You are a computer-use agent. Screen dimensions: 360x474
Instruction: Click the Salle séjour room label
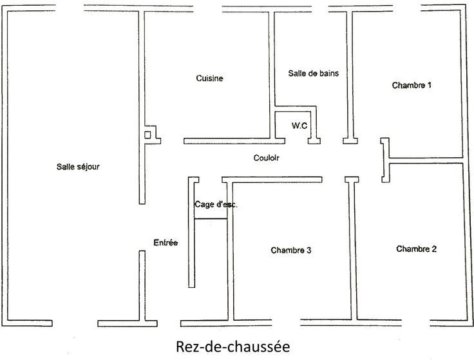(x=78, y=166)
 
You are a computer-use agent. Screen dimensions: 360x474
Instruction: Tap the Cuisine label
(x=209, y=79)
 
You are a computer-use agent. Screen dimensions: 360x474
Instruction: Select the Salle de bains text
(x=313, y=73)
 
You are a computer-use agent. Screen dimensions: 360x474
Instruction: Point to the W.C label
(x=299, y=126)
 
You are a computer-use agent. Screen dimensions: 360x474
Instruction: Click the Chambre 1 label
(x=412, y=85)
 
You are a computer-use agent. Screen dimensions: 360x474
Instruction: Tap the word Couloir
(x=266, y=158)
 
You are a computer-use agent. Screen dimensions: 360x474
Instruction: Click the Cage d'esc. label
(x=216, y=204)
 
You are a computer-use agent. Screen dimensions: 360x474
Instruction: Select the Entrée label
(x=166, y=243)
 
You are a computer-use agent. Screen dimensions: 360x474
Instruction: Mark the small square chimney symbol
(x=148, y=135)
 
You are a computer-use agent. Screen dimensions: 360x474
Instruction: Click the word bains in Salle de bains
(x=328, y=73)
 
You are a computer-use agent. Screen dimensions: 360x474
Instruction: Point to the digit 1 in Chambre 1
(x=430, y=85)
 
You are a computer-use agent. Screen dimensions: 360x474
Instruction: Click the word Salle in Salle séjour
(x=65, y=166)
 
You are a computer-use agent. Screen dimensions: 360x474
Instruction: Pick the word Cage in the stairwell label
(x=203, y=204)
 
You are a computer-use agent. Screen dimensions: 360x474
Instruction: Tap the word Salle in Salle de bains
(x=297, y=73)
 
